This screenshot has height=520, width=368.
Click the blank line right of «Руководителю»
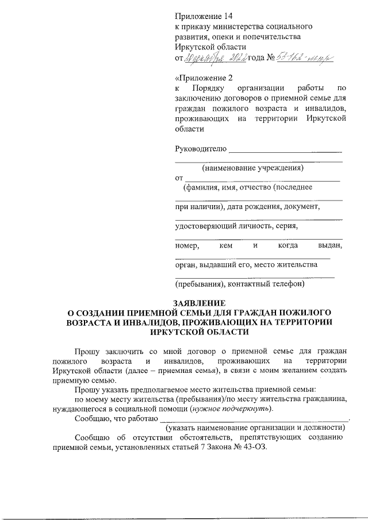click(285, 151)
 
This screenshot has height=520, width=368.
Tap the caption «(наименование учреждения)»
click(252, 168)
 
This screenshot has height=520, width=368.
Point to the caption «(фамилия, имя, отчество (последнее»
click(247, 187)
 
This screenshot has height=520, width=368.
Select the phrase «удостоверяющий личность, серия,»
click(236, 225)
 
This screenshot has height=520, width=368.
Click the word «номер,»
click(187, 245)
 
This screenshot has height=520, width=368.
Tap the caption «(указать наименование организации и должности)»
click(255, 428)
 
